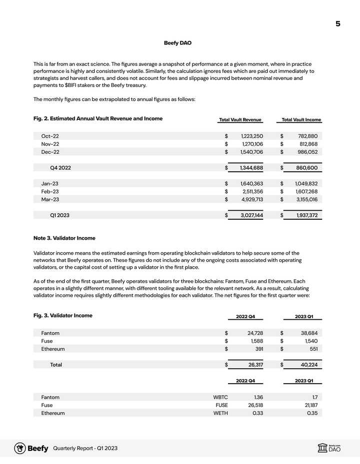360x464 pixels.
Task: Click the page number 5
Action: pos(338,23)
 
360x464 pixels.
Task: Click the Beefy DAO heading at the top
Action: pos(177,43)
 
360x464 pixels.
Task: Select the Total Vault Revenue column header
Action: pos(240,120)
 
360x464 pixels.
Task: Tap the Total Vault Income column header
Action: pos(301,120)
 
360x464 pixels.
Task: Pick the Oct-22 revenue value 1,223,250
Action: pos(251,136)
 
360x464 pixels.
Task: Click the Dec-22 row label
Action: pos(50,152)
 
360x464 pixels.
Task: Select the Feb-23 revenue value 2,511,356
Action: pos(251,191)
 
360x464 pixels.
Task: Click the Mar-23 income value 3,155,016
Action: pos(305,199)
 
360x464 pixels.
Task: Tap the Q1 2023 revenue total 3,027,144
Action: pos(251,215)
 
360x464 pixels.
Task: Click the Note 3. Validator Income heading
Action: pos(64,238)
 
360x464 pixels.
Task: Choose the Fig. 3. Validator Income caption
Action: pos(62,316)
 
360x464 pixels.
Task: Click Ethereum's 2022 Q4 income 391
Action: pos(259,349)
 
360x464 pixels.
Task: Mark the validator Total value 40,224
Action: pos(308,365)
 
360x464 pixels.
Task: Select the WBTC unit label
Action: pos(220,397)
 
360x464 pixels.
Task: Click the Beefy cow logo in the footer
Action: pos(20,448)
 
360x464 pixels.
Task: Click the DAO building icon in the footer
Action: pos(322,448)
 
